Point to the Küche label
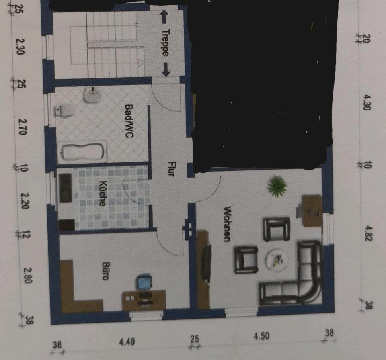point(102,194)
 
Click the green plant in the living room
point(277,186)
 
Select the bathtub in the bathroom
point(82,151)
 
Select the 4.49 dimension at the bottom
point(127,342)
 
